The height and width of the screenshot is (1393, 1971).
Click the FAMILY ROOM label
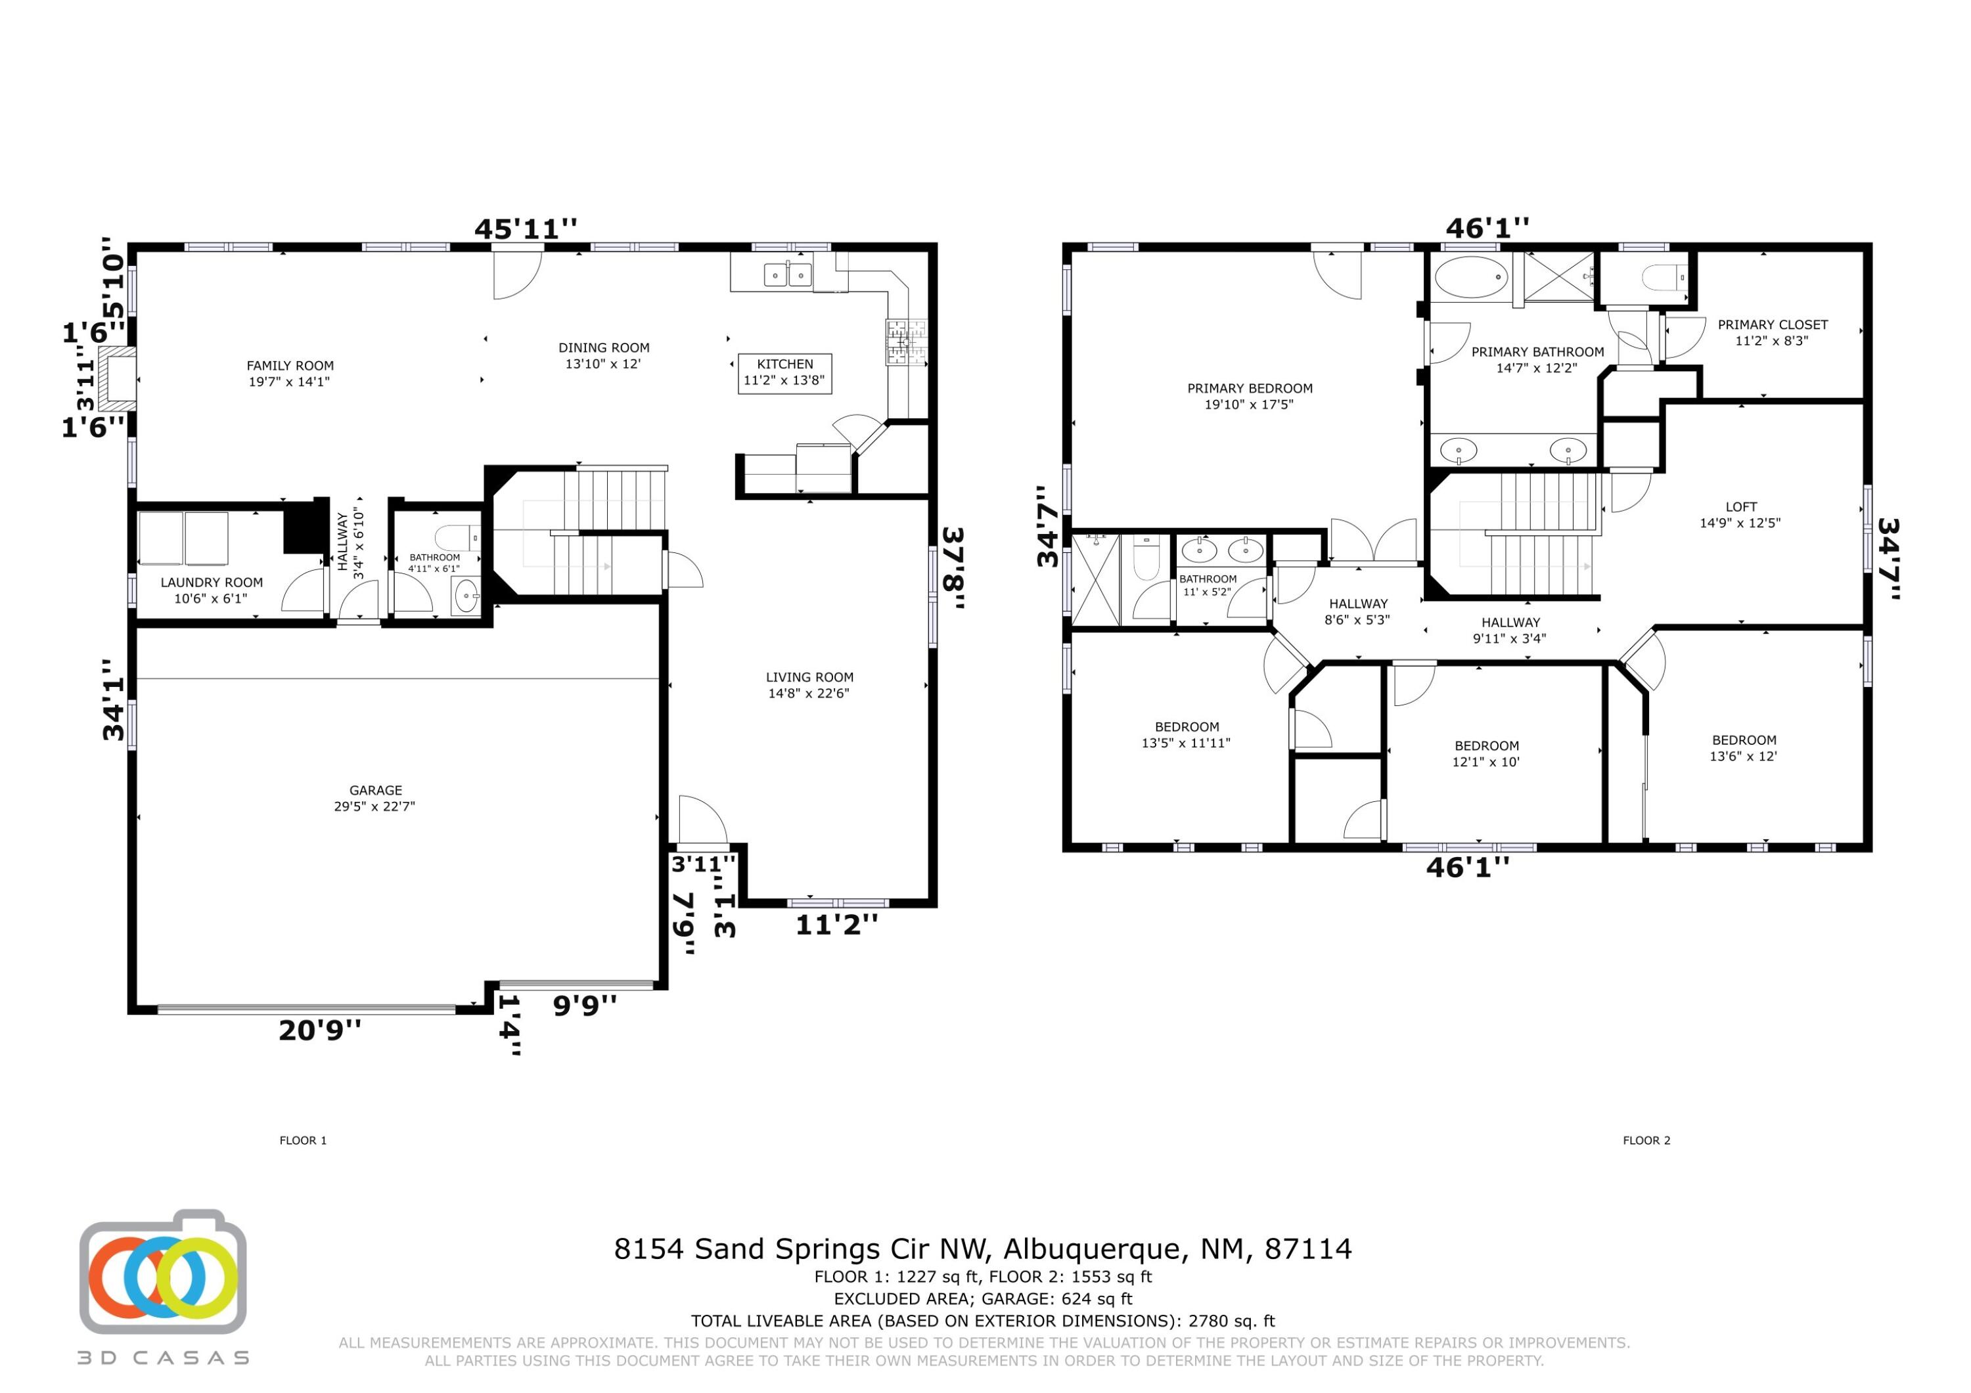click(290, 373)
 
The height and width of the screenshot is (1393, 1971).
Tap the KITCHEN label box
click(784, 372)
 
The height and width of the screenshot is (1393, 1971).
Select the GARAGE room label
click(375, 797)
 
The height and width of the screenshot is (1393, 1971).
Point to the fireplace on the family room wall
click(116, 378)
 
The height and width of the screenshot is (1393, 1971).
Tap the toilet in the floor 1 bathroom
click(457, 538)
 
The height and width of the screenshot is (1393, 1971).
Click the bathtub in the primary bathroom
click(1472, 277)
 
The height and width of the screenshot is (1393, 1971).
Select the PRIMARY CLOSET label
click(1773, 332)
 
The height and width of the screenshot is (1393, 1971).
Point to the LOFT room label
click(1740, 514)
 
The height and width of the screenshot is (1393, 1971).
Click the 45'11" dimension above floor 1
click(526, 229)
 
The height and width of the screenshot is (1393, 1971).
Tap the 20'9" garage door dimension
click(319, 1030)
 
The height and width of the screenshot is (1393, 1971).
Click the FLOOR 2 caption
click(1646, 1141)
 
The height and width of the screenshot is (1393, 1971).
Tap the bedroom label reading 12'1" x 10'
click(1487, 753)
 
